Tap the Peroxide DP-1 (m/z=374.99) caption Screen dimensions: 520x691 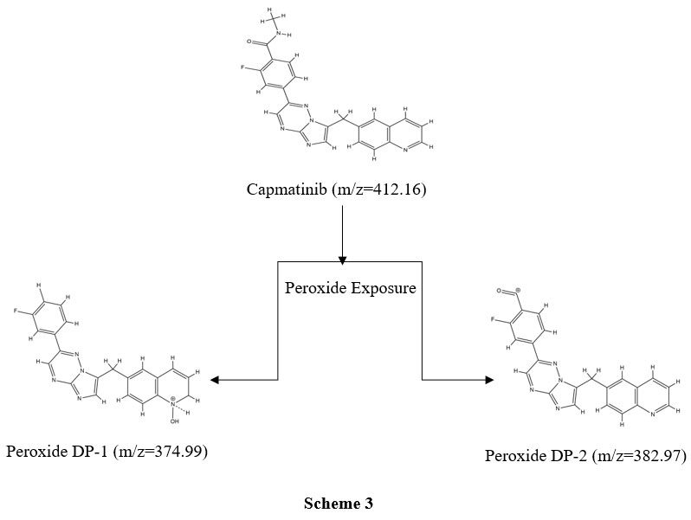[x=107, y=451]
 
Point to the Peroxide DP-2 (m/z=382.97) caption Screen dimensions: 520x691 [x=585, y=454]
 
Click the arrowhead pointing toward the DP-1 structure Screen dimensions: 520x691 [x=215, y=380]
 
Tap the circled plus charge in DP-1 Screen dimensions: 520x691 [x=173, y=400]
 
